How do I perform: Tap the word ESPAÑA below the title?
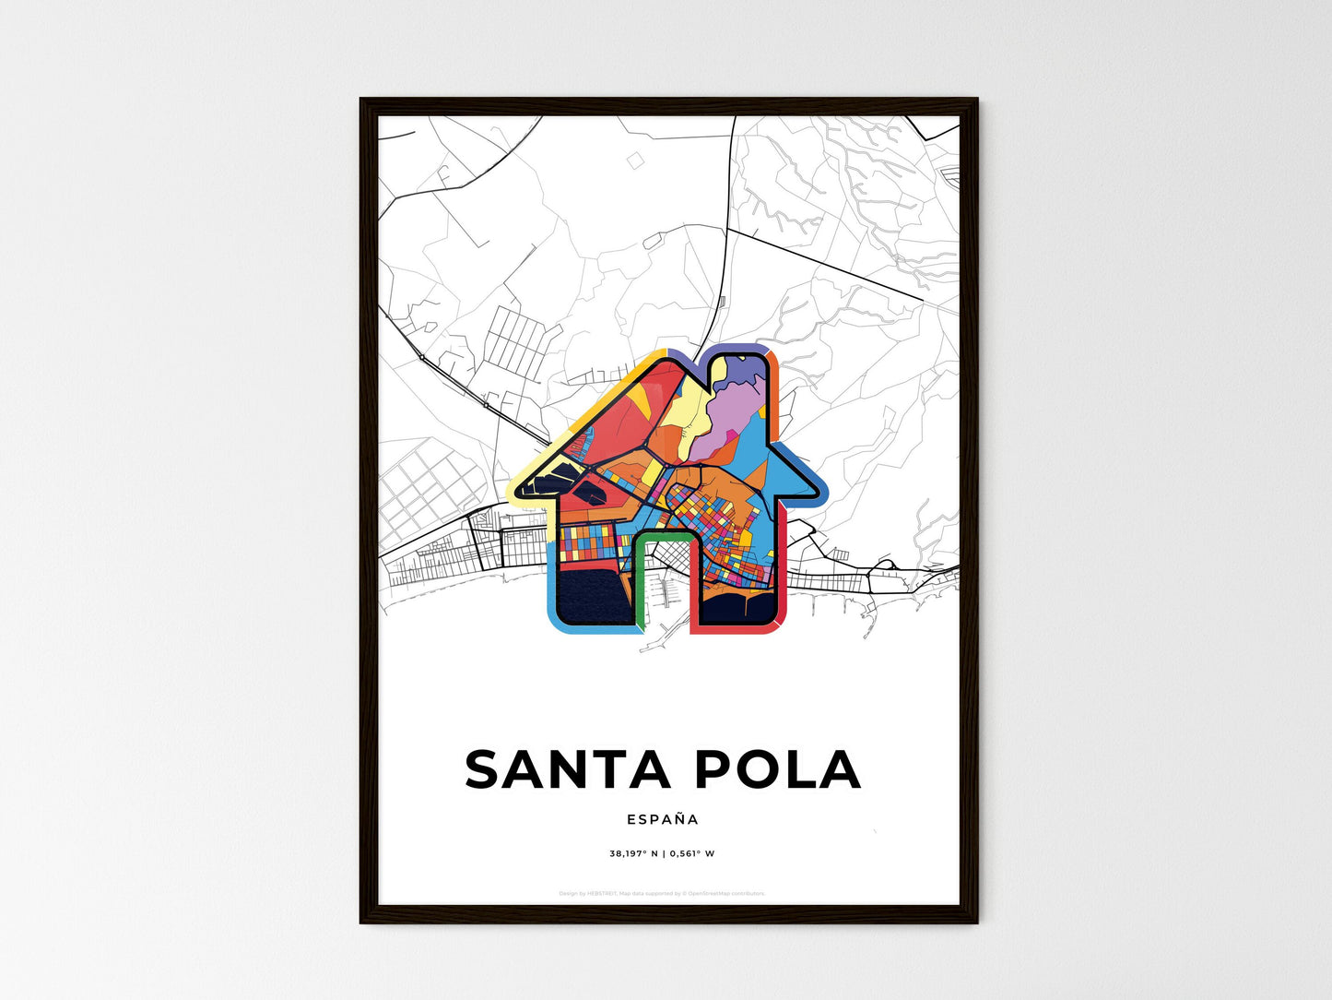[663, 819]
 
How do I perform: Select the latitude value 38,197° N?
[633, 854]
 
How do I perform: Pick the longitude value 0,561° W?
[691, 854]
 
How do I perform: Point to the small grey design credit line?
[662, 893]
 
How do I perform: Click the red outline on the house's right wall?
[781, 572]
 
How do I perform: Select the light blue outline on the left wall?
[551, 590]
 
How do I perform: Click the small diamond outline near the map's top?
[635, 161]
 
